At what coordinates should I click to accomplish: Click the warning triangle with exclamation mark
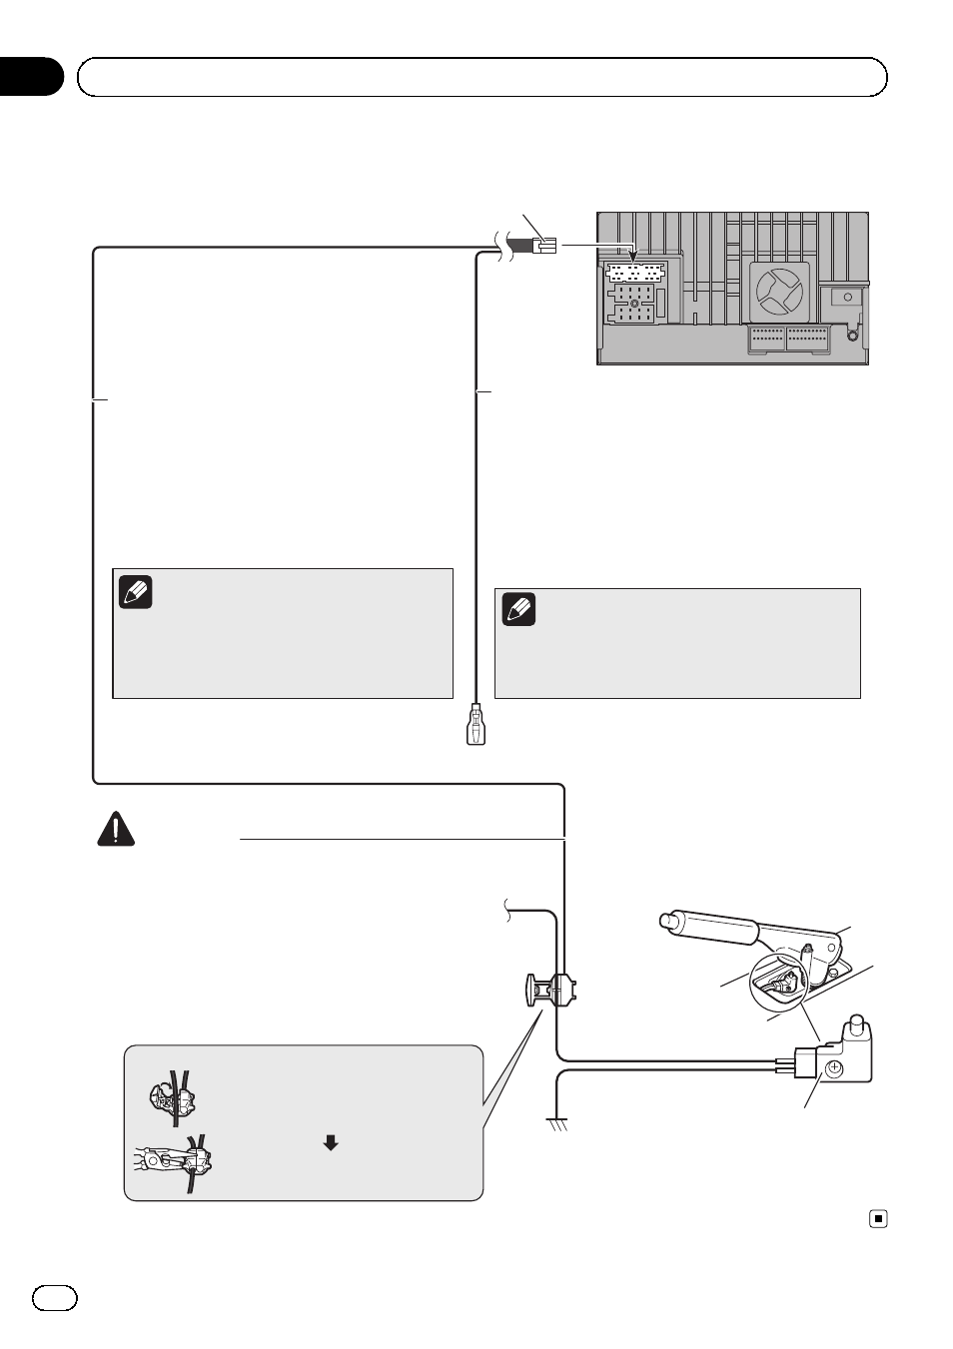[x=116, y=830]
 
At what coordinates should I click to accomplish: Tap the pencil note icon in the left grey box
[x=136, y=592]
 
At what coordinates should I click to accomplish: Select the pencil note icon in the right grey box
[x=518, y=609]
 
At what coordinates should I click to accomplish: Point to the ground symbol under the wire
[x=557, y=1124]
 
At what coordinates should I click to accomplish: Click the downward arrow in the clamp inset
[x=331, y=1143]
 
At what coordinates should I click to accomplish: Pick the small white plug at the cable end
[x=545, y=245]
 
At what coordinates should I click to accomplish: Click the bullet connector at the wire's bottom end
[x=476, y=726]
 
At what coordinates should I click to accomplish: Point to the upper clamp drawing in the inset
[x=171, y=1098]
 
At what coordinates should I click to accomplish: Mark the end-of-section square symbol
[x=878, y=1218]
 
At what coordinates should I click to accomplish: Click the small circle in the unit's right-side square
[x=847, y=297]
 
